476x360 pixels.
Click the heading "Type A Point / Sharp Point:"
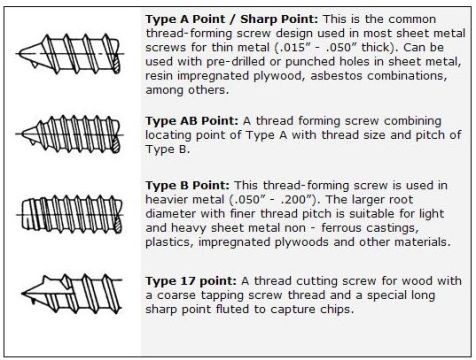click(x=232, y=19)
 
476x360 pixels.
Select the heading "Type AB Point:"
click(x=192, y=121)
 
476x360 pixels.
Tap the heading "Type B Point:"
click(x=187, y=185)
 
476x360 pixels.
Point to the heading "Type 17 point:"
click(x=191, y=281)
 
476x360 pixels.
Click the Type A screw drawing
click(x=69, y=53)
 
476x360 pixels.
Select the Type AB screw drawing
click(x=69, y=134)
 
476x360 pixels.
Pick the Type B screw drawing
click(x=70, y=214)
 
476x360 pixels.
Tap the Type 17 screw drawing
click(x=72, y=293)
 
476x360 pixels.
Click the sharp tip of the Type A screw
click(x=19, y=53)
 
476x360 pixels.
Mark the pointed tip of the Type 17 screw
click(x=23, y=293)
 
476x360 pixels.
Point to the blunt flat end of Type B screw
click(x=22, y=214)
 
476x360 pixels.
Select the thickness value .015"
click(x=292, y=47)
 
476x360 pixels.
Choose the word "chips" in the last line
click(x=337, y=309)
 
